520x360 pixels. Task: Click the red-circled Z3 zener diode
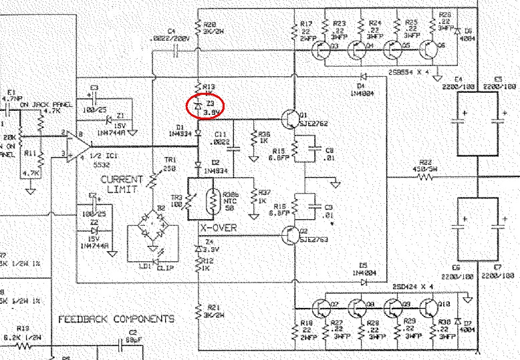(x=198, y=106)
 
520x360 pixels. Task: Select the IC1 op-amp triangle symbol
(x=79, y=146)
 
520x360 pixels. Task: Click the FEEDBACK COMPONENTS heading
(x=116, y=319)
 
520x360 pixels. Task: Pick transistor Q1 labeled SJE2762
(x=290, y=119)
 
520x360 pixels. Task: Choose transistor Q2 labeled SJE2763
(x=290, y=234)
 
